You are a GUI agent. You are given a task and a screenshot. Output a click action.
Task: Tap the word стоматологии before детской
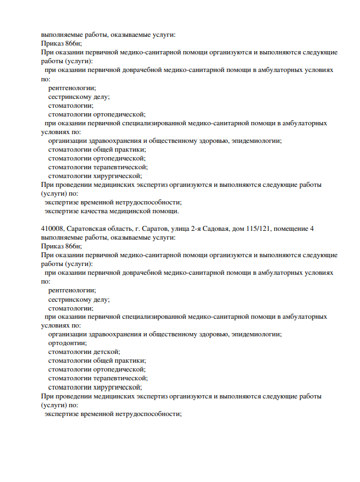(71, 352)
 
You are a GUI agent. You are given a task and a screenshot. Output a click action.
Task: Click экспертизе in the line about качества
(62, 211)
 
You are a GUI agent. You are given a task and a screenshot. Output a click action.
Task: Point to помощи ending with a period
(167, 211)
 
